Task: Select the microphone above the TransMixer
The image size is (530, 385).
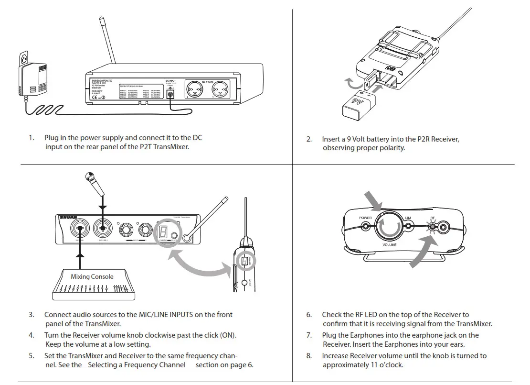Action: coord(93,184)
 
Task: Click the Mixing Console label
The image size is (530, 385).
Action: coord(92,276)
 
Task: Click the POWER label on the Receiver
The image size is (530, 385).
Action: coord(365,218)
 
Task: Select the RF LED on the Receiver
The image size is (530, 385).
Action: coord(433,225)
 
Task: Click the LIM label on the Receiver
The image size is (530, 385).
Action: coord(408,218)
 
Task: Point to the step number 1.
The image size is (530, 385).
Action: coord(32,138)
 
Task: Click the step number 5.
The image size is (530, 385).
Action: coord(32,356)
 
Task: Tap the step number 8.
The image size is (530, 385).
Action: coord(309,356)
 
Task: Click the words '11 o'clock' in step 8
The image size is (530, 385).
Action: coord(384,365)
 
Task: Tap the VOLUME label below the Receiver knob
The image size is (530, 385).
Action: coord(390,244)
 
